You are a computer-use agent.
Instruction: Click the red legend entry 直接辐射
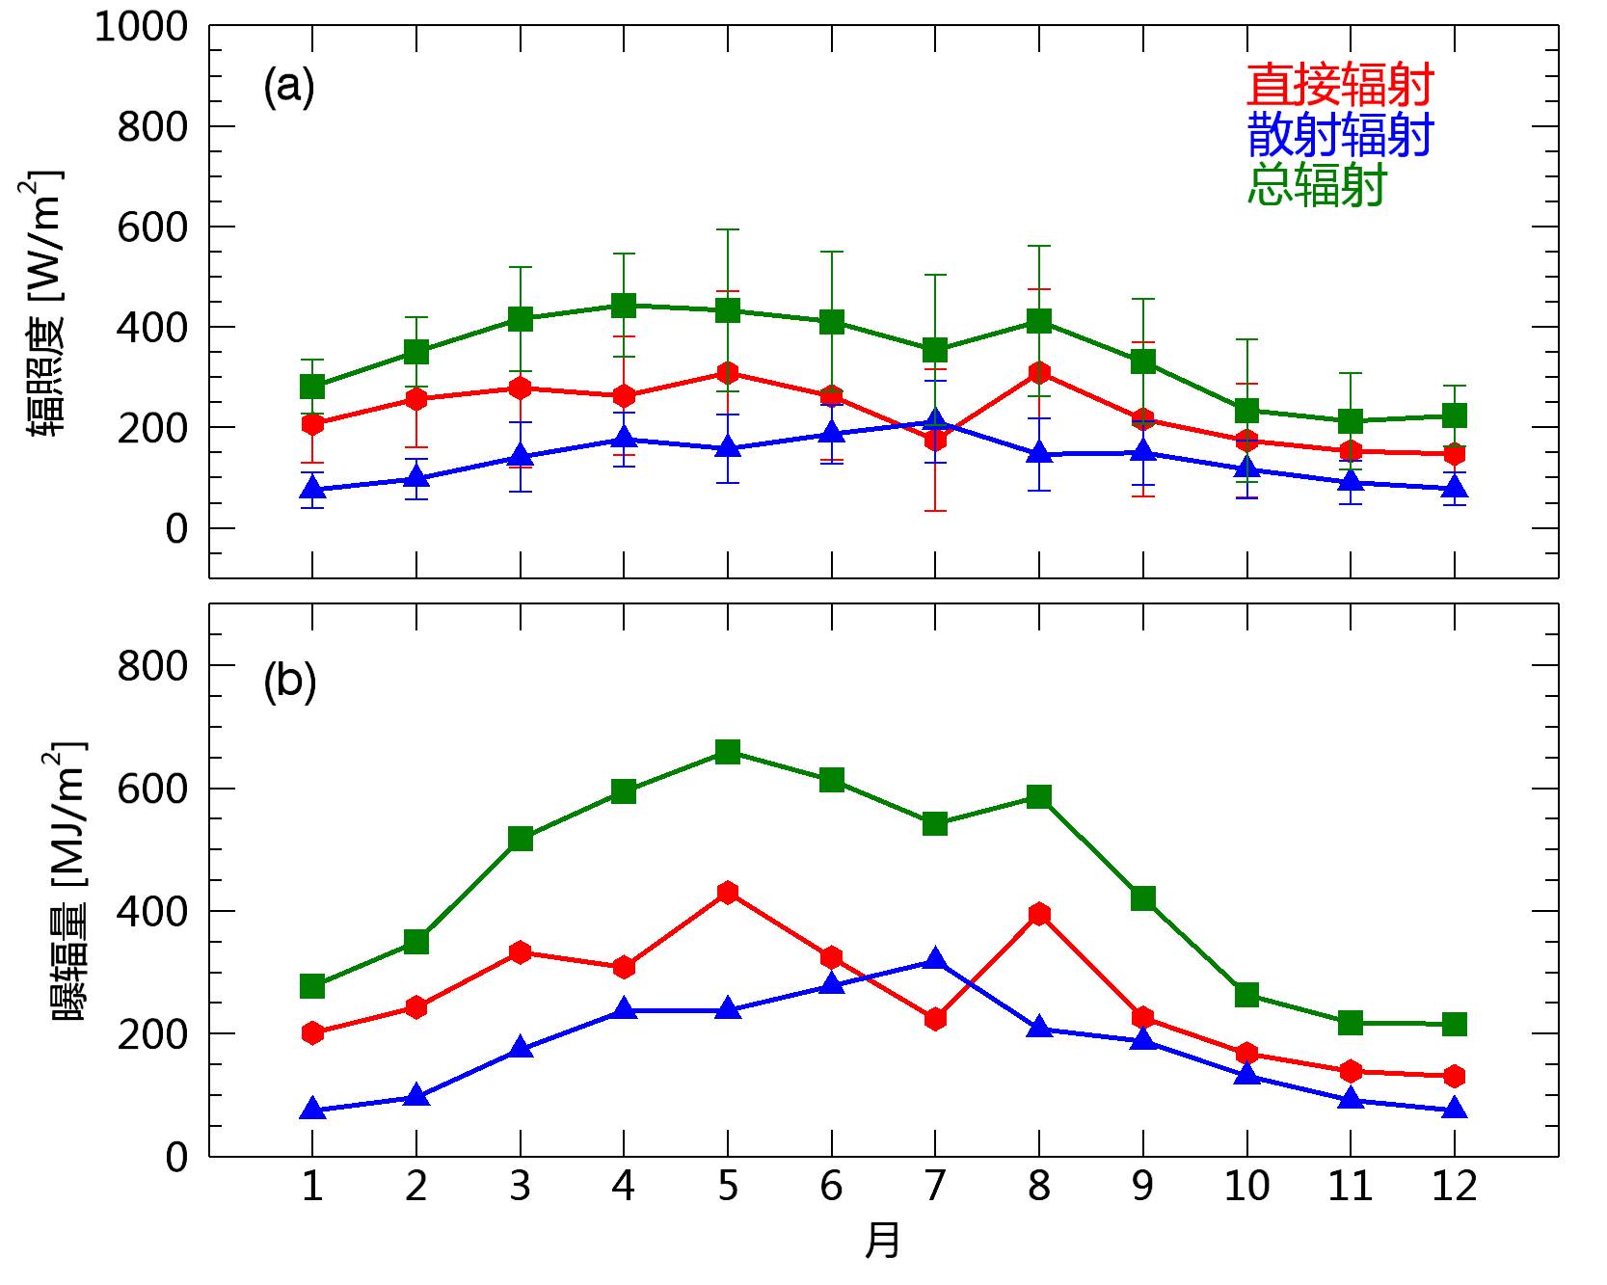(x=1339, y=85)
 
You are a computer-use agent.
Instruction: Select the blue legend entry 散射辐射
(x=1339, y=134)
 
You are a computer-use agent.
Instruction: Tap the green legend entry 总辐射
(x=1316, y=183)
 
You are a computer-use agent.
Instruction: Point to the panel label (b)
(x=289, y=682)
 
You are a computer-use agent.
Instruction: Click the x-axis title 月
(x=882, y=1241)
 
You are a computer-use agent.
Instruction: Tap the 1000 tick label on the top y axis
(x=141, y=27)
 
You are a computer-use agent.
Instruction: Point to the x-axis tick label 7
(x=934, y=1186)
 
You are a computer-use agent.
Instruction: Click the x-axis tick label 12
(x=1454, y=1186)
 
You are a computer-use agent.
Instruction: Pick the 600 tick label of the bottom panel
(x=151, y=789)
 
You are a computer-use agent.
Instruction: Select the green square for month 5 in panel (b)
(x=728, y=752)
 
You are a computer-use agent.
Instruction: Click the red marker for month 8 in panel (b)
(x=1039, y=914)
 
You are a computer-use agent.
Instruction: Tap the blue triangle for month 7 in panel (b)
(x=935, y=959)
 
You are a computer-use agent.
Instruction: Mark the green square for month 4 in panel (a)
(x=624, y=306)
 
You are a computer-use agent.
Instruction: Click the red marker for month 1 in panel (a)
(x=312, y=423)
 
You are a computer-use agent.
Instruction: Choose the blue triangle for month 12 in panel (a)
(x=1454, y=488)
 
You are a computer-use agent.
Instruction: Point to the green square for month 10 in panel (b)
(x=1246, y=994)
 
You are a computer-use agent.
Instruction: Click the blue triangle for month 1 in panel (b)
(x=312, y=1110)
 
